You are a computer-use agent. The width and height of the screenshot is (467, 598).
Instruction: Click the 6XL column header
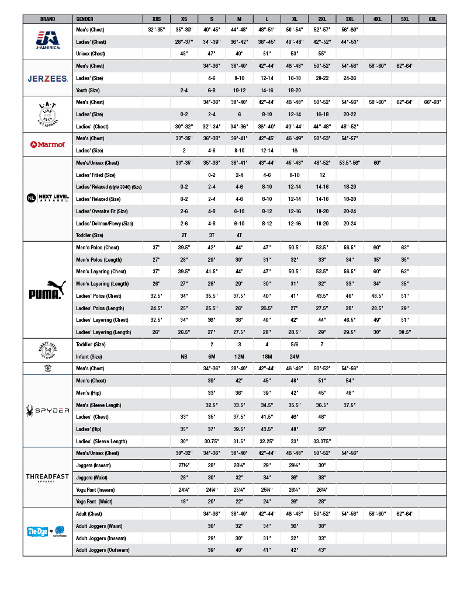tap(433, 19)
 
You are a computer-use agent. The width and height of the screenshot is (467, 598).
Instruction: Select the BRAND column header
tap(48, 19)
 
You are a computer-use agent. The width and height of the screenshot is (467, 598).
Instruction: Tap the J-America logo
tap(48, 40)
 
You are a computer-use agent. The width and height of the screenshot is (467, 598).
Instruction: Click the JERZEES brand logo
tap(48, 78)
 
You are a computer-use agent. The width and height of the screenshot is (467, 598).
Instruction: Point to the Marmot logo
tap(48, 144)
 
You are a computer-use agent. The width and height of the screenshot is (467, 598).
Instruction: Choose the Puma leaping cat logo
tap(48, 290)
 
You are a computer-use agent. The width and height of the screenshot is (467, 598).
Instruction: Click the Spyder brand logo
tap(48, 411)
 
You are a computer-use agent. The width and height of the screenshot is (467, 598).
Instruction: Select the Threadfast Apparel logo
tap(48, 478)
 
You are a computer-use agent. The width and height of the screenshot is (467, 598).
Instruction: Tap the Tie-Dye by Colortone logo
tap(48, 531)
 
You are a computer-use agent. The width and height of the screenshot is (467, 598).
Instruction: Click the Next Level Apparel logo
tap(48, 199)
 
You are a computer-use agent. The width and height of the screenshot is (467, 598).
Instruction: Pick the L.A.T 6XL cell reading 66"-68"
tap(433, 102)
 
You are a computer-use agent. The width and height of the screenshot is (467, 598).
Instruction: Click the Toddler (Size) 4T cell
tap(239, 235)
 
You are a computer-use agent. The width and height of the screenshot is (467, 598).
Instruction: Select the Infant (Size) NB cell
tap(184, 356)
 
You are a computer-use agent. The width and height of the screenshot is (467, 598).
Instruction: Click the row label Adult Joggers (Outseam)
tap(102, 550)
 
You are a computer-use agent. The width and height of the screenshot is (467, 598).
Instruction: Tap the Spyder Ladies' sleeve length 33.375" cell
tap(322, 441)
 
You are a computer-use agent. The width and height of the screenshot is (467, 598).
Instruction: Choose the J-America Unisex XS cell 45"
tap(184, 54)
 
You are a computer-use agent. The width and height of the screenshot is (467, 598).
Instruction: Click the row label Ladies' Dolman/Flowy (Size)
tap(105, 223)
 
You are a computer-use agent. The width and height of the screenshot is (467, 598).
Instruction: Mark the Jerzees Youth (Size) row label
tap(90, 90)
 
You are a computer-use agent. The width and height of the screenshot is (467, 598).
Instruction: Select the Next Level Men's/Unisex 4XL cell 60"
tap(377, 162)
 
